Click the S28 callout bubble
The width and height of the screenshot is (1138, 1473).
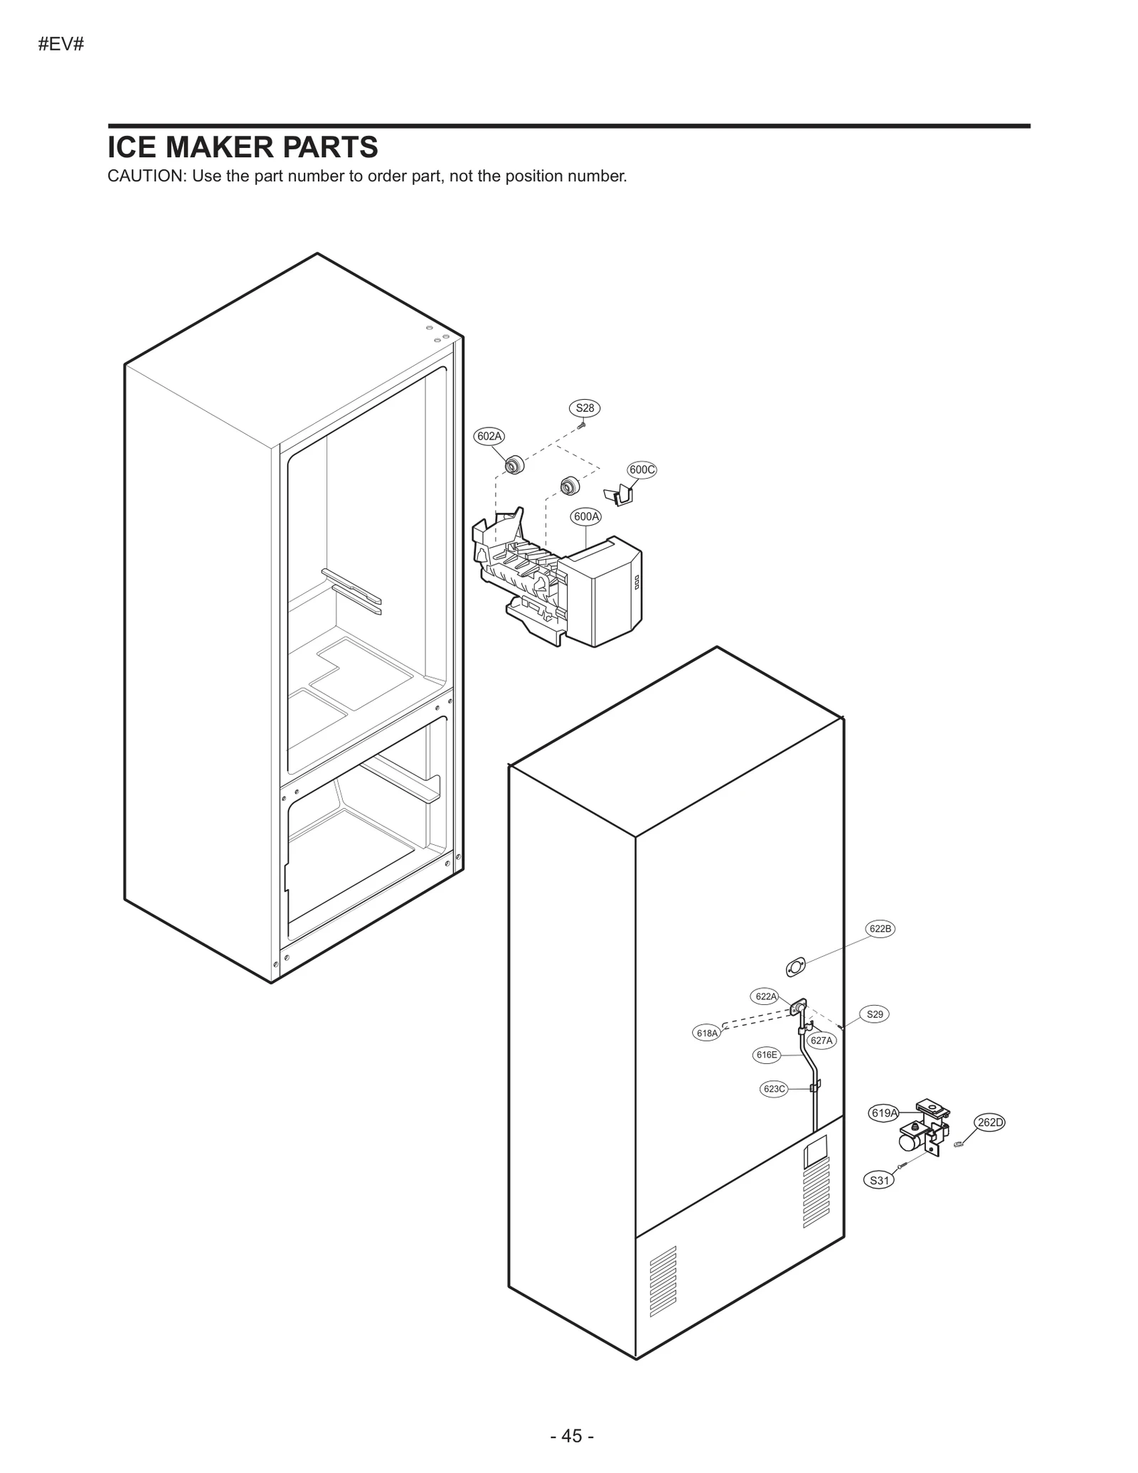pos(585,408)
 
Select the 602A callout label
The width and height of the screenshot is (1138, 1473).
pos(489,436)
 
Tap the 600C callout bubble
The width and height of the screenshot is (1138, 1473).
pos(642,469)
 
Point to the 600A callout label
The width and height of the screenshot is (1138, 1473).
pos(586,517)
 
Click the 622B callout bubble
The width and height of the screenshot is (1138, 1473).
pos(880,929)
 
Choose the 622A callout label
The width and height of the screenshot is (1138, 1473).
pos(766,996)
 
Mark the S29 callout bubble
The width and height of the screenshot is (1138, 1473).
pos(875,1014)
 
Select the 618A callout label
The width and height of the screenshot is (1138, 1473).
pos(707,1033)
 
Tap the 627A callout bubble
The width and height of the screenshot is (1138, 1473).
pos(821,1041)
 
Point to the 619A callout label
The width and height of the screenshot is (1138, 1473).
pos(884,1133)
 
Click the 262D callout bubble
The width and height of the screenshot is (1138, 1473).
pos(990,1123)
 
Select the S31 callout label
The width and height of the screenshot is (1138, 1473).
pos(880,1181)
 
